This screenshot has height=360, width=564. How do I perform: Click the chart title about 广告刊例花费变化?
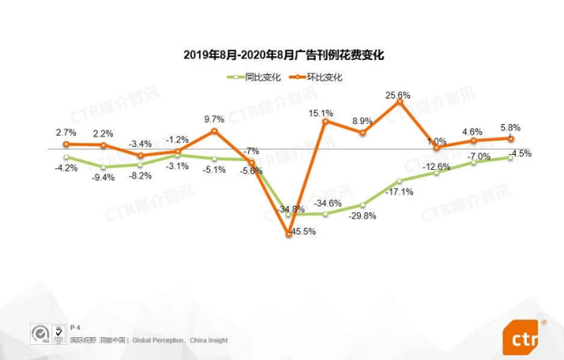283,55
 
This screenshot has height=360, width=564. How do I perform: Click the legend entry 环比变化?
326,77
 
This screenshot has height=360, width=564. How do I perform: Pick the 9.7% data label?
214,119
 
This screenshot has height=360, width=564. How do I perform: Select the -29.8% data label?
363,216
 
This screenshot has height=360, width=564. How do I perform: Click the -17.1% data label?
400,192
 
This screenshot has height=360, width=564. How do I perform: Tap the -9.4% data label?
103,177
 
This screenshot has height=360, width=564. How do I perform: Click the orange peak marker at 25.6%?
399,103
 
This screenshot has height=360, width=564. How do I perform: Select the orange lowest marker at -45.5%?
289,233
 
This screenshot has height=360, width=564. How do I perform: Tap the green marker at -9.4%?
103,166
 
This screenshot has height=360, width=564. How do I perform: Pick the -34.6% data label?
327,203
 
